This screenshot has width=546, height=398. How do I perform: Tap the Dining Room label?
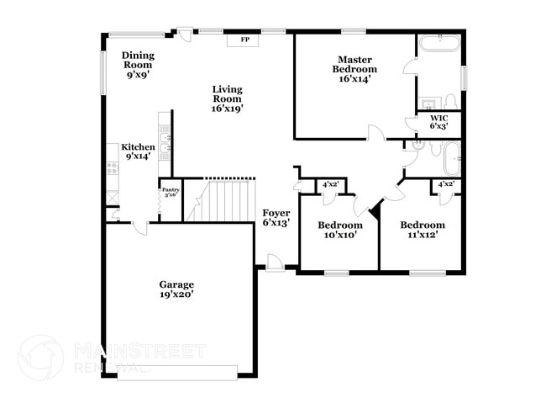(x=139, y=65)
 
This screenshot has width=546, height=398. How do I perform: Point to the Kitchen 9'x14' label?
(x=138, y=151)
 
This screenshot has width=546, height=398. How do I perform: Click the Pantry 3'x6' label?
(x=171, y=193)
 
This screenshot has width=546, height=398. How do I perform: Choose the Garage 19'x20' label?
(x=176, y=289)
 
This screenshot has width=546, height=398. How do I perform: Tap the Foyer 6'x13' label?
(x=276, y=217)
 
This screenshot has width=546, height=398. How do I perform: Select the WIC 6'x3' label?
(x=439, y=121)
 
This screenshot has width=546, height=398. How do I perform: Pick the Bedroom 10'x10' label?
(x=339, y=230)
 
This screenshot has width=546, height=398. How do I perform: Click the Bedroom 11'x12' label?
(x=422, y=230)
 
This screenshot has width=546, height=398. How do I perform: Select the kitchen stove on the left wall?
(x=113, y=167)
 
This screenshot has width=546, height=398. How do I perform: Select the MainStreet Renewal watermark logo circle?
(x=39, y=357)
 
